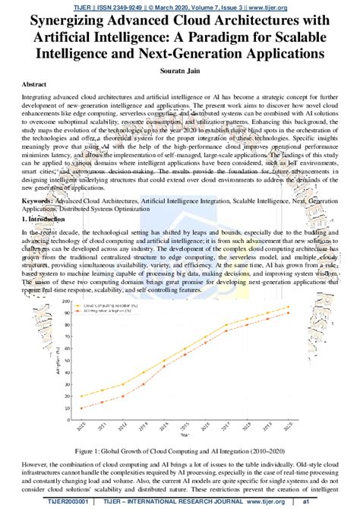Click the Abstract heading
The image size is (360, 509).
click(x=38, y=84)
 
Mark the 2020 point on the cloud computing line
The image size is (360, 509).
click(x=288, y=308)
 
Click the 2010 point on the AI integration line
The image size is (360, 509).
click(x=82, y=409)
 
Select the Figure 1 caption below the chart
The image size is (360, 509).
click(x=179, y=451)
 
